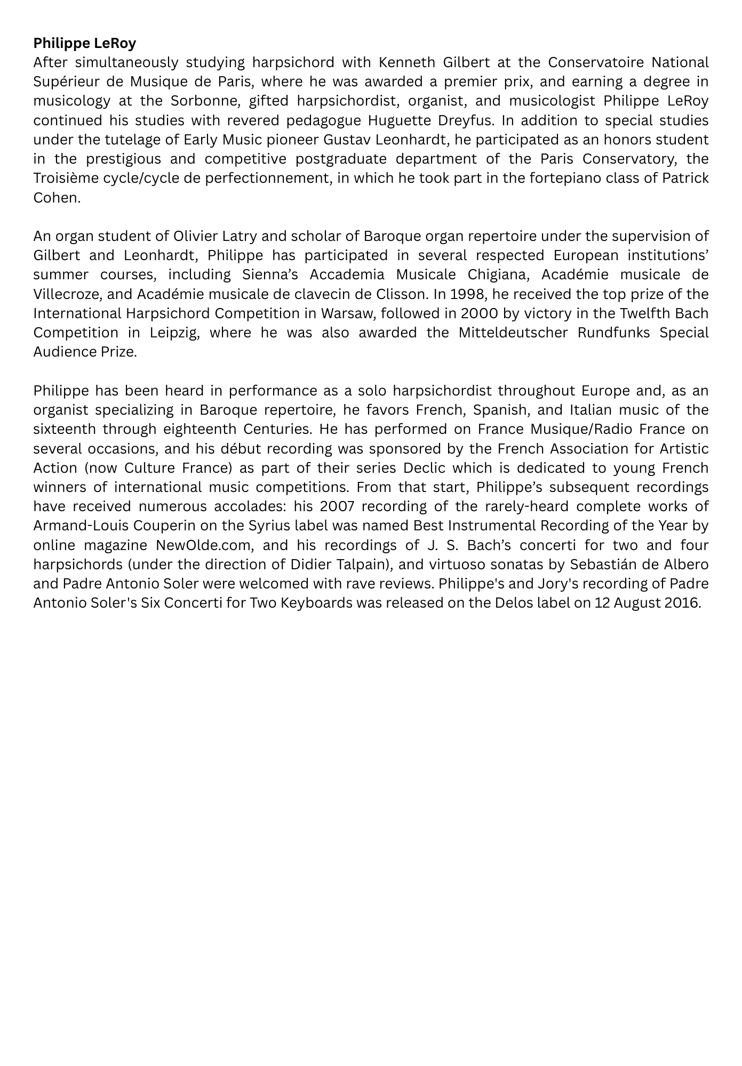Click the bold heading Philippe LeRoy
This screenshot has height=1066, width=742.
(84, 43)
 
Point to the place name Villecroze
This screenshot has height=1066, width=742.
(68, 294)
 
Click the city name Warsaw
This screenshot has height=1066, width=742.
(346, 313)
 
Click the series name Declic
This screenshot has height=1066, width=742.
(425, 468)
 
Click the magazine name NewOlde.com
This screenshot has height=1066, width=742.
(203, 545)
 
